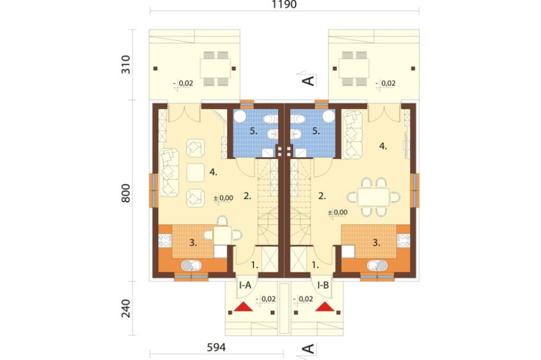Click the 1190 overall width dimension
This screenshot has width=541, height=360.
pos(284,4)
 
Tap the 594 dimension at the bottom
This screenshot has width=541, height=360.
pos(216,347)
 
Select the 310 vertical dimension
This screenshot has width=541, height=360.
pos(126,64)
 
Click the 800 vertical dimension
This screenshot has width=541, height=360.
pos(126,193)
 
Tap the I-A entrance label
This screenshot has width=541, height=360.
pos(245,285)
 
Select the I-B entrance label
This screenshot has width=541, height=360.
pos(323,285)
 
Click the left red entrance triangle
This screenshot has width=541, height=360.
pos(243,307)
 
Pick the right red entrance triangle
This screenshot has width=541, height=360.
pos(325,307)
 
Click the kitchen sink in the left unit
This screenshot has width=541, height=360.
pos(191,265)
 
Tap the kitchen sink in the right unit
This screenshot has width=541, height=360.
pos(377,265)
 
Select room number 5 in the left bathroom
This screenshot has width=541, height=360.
pos(254,131)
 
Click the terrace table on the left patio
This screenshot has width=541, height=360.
pos(215,68)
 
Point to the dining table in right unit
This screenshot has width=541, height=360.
pos(373,197)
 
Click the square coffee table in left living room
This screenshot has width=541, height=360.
pos(196,172)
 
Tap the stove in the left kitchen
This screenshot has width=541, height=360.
pos(165,241)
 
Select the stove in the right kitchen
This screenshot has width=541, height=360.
pos(404,241)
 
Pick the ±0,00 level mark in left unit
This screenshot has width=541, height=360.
pos(223,198)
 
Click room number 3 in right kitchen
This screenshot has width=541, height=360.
pos(376,243)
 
